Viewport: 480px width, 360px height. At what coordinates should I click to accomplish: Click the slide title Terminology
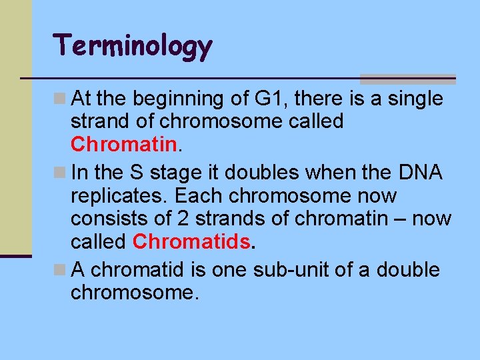pyautogui.click(x=133, y=47)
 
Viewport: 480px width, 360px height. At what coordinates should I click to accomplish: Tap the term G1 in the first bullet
pyautogui.click(x=271, y=99)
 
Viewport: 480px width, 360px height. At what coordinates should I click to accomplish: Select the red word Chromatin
pyautogui.click(x=123, y=144)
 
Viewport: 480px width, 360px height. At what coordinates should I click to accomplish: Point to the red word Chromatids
pyautogui.click(x=192, y=241)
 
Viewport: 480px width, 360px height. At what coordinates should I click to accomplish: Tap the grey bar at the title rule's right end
pyautogui.click(x=407, y=79)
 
